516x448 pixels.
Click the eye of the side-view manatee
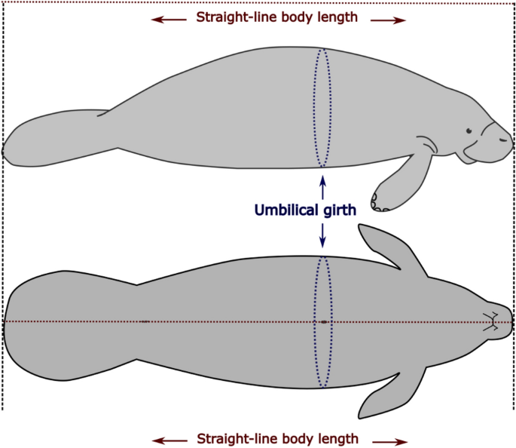tap(469, 131)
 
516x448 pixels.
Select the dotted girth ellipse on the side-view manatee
tap(322, 108)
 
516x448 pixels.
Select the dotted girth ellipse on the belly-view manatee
tap(322, 321)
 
